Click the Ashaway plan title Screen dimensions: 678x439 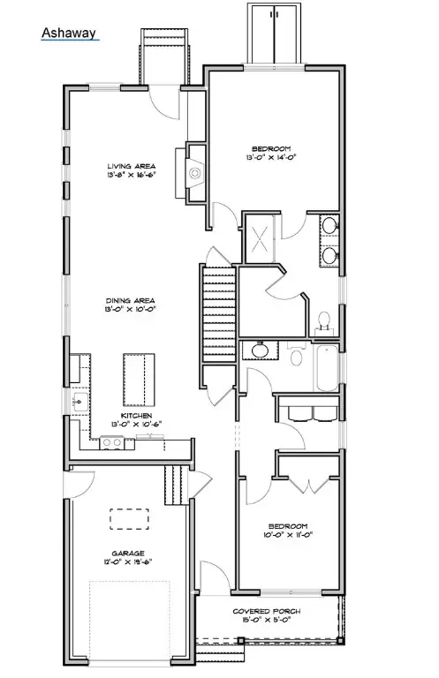pyautogui.click(x=67, y=34)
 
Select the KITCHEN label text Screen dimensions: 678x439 pyautogui.click(x=136, y=415)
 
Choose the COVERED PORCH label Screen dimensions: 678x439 pyautogui.click(x=266, y=611)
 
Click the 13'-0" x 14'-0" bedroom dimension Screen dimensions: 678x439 pyautogui.click(x=272, y=158)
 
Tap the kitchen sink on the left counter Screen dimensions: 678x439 pyautogui.click(x=79, y=402)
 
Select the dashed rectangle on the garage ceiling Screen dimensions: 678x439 pyautogui.click(x=129, y=517)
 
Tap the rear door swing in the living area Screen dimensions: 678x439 pyautogui.click(x=164, y=104)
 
